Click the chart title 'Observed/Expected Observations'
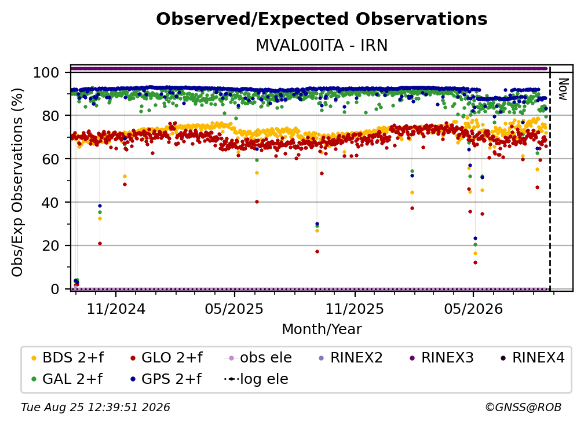(322, 19)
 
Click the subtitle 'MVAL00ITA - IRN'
(322, 45)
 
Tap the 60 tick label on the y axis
(50, 159)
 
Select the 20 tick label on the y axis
(50, 246)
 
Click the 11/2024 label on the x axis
(116, 309)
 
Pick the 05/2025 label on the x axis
(234, 309)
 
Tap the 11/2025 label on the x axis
(355, 309)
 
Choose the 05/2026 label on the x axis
(473, 309)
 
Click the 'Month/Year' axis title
(322, 329)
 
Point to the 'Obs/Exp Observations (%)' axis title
(17, 182)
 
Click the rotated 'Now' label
(563, 89)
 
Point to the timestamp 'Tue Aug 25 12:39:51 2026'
(96, 408)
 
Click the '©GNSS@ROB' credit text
(523, 408)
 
